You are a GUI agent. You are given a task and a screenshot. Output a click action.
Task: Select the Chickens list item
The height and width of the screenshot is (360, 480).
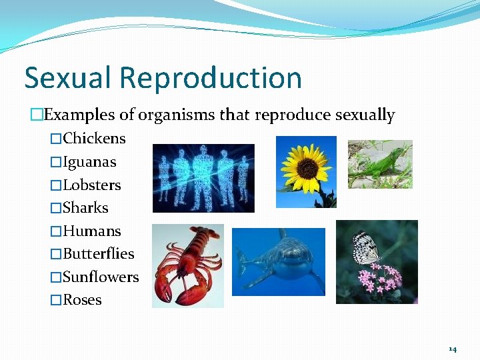point(94,139)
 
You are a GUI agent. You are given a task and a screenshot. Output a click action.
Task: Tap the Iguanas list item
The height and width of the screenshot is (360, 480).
point(89,162)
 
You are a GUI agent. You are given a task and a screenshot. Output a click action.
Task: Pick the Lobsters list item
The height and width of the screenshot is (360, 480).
point(92,185)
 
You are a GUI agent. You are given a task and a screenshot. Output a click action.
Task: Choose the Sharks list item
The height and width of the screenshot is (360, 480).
point(85,208)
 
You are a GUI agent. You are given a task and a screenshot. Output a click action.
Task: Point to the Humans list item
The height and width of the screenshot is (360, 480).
point(92,231)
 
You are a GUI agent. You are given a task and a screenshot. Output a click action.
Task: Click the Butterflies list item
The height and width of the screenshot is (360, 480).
point(98,254)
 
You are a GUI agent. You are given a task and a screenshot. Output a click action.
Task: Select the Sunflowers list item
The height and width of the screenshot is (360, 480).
point(101,277)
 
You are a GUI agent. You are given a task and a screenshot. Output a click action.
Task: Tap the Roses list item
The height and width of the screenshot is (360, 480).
point(82,300)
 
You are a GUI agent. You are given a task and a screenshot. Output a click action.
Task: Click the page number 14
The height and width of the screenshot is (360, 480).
point(453,349)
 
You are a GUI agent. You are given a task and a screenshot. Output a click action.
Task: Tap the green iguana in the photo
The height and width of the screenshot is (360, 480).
point(382,166)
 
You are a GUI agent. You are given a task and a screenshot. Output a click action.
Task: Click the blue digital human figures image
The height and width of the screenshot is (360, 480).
point(203,178)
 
